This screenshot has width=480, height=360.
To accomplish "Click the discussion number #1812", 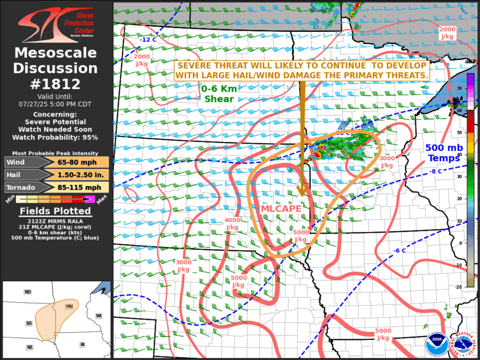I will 57,84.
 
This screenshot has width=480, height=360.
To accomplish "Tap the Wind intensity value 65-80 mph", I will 75,162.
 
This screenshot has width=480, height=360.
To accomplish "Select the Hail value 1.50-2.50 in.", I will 75,174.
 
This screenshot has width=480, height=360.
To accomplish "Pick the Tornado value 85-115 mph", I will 75,187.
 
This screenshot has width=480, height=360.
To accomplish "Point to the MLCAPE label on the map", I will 282,209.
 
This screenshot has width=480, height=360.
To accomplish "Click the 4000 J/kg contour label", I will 232,223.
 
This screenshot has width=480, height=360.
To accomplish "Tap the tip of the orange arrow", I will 302,195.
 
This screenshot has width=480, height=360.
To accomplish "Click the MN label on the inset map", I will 69,306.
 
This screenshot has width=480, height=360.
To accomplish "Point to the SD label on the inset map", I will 29,323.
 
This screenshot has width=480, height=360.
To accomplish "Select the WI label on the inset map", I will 99,316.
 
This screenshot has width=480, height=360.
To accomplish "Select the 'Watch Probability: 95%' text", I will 57,137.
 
